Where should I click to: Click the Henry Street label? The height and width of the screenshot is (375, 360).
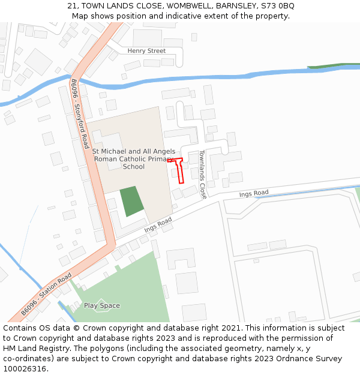(146, 51)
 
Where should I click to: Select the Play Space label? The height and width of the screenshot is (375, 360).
(101, 305)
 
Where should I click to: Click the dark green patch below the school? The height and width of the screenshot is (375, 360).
(132, 201)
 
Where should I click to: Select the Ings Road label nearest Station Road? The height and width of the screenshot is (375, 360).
(158, 225)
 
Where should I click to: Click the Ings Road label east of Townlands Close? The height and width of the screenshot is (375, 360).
(254, 193)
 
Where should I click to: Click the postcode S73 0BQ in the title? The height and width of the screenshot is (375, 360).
(278, 5)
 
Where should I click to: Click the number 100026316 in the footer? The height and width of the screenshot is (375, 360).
(25, 368)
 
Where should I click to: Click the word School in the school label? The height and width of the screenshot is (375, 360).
(134, 167)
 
